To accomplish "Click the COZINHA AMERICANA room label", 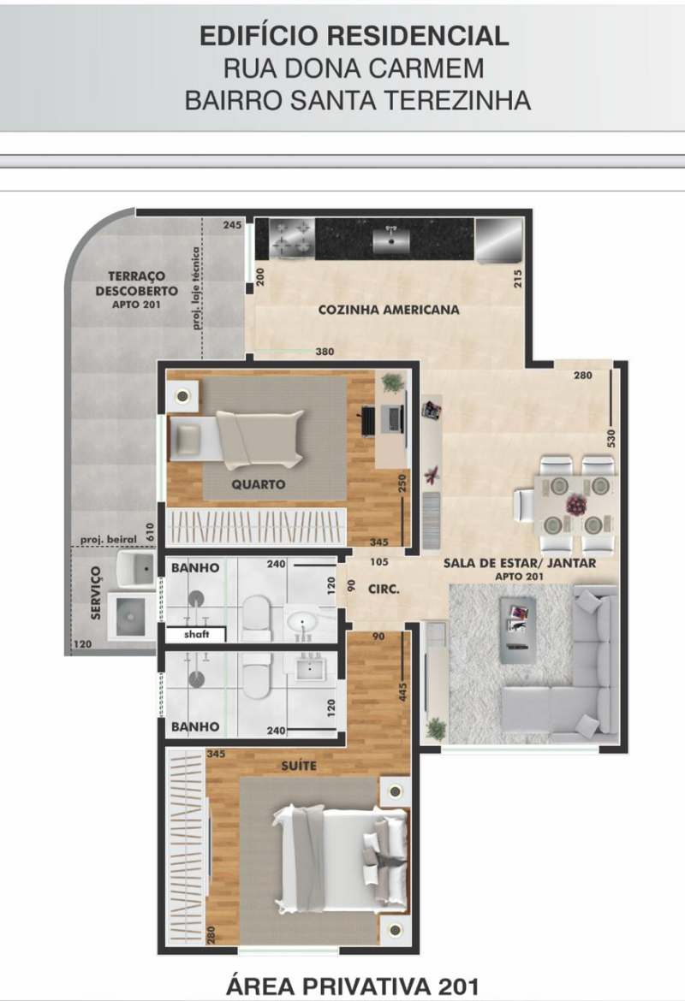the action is click(x=389, y=310).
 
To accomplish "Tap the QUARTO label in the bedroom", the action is click(x=258, y=484).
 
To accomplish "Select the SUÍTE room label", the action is click(x=299, y=765).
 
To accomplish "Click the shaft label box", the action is click(x=195, y=634).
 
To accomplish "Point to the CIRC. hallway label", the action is click(x=384, y=589).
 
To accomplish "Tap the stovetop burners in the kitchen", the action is click(x=292, y=239).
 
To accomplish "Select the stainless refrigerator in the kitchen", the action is click(x=498, y=240).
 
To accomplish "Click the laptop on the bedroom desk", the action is click(x=392, y=418).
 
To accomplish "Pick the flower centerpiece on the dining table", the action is click(x=575, y=505).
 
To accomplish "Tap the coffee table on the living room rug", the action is click(x=517, y=630).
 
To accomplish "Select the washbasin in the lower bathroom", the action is click(x=311, y=668).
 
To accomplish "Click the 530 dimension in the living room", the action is click(x=611, y=438).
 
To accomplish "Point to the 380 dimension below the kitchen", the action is click(x=325, y=352).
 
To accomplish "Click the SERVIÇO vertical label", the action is click(x=96, y=592).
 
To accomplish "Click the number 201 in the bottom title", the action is click(x=457, y=986).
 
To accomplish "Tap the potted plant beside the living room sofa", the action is click(x=437, y=728).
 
